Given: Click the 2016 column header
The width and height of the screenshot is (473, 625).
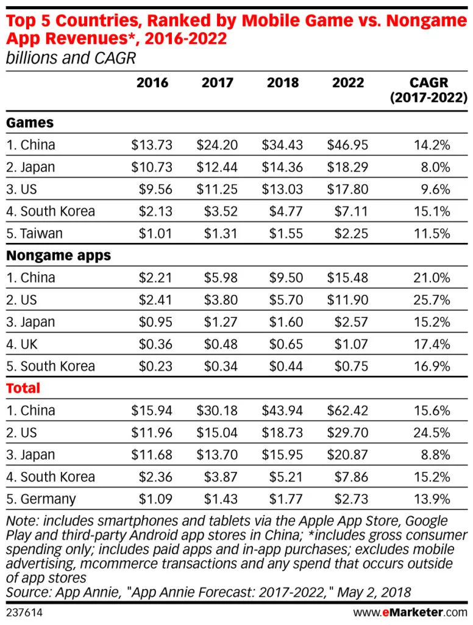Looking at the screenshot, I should pyautogui.click(x=152, y=82).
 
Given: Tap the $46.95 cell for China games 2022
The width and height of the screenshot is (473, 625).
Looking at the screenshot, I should pyautogui.click(x=347, y=145).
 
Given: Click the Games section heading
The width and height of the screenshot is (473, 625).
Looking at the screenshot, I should pyautogui.click(x=30, y=123).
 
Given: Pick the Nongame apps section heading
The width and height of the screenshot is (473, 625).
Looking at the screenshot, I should pyautogui.click(x=59, y=255).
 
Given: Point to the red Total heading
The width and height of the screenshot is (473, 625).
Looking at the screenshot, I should pyautogui.click(x=23, y=388).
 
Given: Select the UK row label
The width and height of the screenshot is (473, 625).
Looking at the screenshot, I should pyautogui.click(x=22, y=344).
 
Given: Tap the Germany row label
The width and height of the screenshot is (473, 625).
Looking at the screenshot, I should pyautogui.click(x=41, y=499).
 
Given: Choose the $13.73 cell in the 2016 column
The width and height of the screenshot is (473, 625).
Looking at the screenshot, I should pyautogui.click(x=152, y=145).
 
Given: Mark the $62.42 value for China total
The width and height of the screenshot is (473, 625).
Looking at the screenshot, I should pyautogui.click(x=347, y=411).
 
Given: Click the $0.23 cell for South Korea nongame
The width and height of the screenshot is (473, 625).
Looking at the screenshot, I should pyautogui.click(x=155, y=366).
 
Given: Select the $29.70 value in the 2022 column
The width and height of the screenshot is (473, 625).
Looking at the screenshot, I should pyautogui.click(x=347, y=433).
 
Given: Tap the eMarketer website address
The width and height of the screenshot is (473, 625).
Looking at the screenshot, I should pyautogui.click(x=410, y=612).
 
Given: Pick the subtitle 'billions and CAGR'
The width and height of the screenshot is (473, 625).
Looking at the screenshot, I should pyautogui.click(x=70, y=59).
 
